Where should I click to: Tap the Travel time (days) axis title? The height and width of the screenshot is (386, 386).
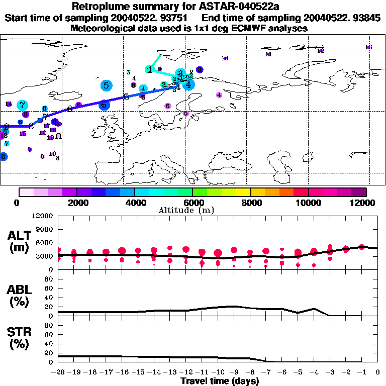(220, 381)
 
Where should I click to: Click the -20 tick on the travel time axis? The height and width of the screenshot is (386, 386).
(58, 372)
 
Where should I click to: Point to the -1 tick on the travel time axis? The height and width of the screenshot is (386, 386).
(362, 372)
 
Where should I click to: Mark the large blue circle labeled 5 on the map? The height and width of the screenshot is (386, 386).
(106, 85)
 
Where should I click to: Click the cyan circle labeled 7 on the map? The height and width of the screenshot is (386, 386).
(22, 105)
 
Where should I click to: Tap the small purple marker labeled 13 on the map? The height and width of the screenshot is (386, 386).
(368, 47)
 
